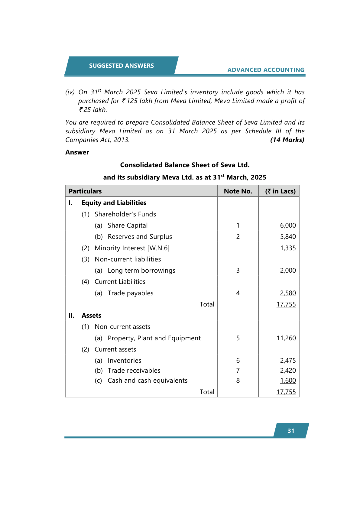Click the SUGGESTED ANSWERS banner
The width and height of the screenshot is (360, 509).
(x=121, y=66)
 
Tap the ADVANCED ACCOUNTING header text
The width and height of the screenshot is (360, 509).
(x=266, y=70)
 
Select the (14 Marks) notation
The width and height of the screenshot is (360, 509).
(x=287, y=140)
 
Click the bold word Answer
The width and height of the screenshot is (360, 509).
(x=77, y=152)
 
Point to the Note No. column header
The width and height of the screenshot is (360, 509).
(x=238, y=191)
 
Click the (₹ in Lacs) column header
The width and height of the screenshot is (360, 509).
(x=280, y=191)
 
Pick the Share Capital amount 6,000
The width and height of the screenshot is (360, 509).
(x=288, y=225)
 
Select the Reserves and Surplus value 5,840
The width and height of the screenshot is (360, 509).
(x=288, y=236)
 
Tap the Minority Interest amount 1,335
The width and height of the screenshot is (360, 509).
(x=288, y=248)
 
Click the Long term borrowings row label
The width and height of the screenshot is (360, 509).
(x=141, y=270)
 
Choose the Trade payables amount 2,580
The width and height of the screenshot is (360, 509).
(x=288, y=293)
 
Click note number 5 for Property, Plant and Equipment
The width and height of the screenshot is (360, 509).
(x=238, y=338)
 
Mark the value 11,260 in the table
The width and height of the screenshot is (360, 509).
(x=286, y=338)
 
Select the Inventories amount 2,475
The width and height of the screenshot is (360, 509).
(x=288, y=360)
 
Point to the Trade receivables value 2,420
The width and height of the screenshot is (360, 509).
(x=288, y=370)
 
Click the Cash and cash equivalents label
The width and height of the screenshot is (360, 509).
(x=148, y=380)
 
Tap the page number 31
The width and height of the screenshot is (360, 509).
(x=291, y=431)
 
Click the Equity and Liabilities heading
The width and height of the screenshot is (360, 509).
(x=114, y=203)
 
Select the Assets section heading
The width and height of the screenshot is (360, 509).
(x=91, y=315)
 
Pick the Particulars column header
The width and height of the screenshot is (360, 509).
(x=85, y=191)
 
